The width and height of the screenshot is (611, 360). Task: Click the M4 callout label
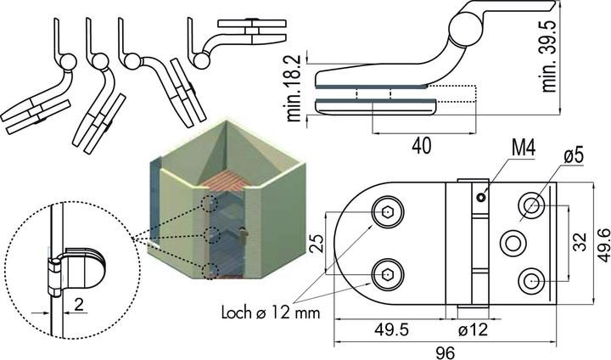tap(524, 149)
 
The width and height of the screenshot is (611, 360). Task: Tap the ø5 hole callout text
tap(573, 156)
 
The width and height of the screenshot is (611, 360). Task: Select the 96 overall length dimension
tap(445, 352)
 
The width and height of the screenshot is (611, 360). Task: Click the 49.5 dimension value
tap(391, 330)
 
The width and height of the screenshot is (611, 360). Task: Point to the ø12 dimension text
tap(473, 330)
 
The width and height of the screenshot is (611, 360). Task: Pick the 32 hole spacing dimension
tap(580, 242)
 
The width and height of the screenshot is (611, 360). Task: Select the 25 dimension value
tap(317, 244)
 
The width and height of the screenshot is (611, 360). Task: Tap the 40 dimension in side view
tap(422, 146)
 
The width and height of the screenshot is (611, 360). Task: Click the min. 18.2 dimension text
tap(294, 87)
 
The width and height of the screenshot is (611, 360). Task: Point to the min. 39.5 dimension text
tap(549, 56)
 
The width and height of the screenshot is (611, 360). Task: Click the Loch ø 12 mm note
tap(271, 312)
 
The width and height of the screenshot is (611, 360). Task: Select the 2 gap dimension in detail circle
tap(79, 304)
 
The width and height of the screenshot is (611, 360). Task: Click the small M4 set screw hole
tap(482, 198)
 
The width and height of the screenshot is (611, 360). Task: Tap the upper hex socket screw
tap(387, 212)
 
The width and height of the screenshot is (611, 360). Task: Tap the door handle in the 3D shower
tap(244, 234)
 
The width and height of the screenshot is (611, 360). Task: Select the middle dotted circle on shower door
tap(212, 235)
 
